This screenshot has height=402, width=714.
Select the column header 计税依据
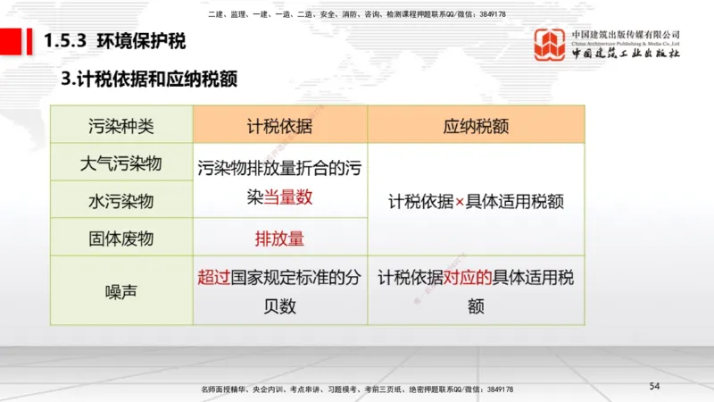(x=279, y=125)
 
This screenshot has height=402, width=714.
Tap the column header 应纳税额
(x=476, y=125)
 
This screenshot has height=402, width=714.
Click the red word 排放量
(x=279, y=239)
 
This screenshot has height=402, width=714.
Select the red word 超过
(x=214, y=277)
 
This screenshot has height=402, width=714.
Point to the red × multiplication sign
(x=460, y=201)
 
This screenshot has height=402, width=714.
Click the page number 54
(x=654, y=385)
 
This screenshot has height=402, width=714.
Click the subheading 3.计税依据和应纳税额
(x=149, y=79)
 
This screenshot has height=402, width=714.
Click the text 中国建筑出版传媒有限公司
(x=626, y=33)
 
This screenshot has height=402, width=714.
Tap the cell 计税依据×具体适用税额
(x=476, y=201)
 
